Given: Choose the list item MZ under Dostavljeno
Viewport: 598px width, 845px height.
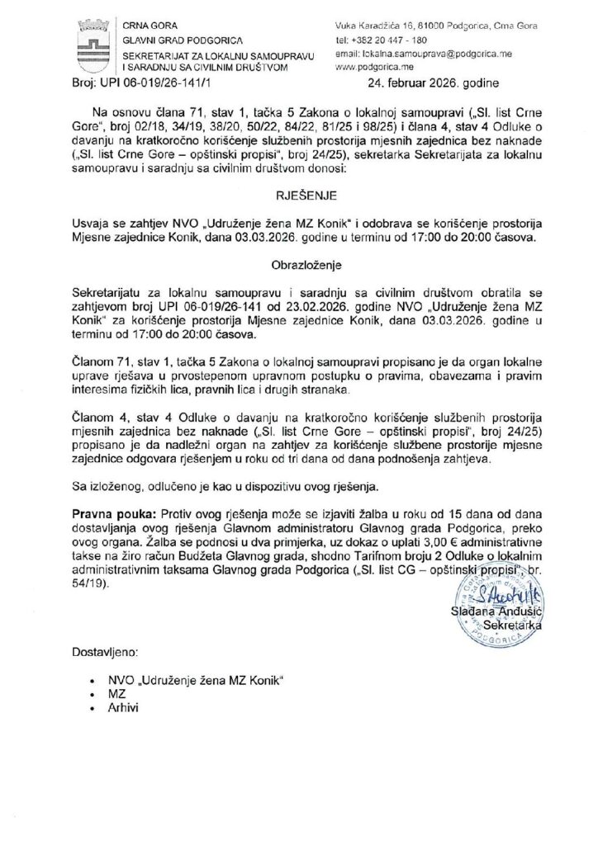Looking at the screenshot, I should click(116, 694).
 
